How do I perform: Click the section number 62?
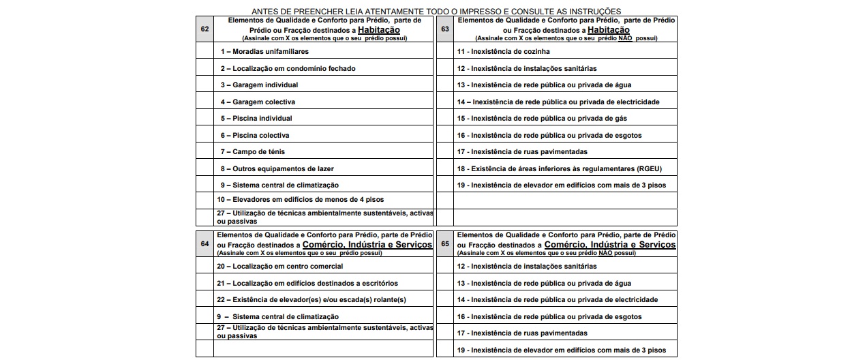click(x=204, y=30)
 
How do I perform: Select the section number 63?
click(x=445, y=30)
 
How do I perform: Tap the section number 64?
click(x=204, y=244)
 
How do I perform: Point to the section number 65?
click(x=445, y=244)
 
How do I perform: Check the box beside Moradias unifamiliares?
click(x=204, y=51)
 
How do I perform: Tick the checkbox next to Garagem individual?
click(x=204, y=85)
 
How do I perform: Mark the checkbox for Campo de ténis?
click(x=204, y=151)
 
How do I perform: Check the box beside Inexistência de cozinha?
click(x=445, y=51)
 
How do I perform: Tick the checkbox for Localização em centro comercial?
click(x=204, y=266)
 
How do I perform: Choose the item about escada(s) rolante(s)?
click(x=311, y=300)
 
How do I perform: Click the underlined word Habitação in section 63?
click(x=608, y=30)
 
